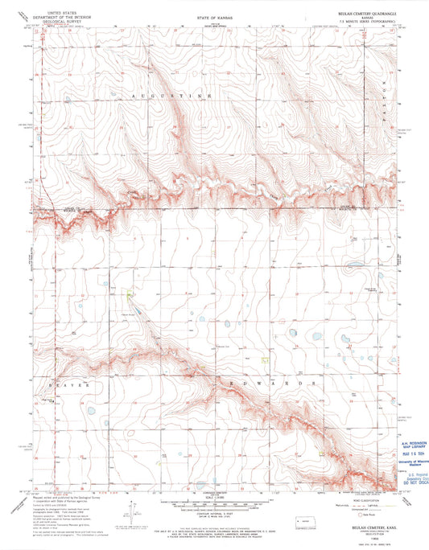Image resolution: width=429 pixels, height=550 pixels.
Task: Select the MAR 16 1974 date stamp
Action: pyautogui.click(x=411, y=453)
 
